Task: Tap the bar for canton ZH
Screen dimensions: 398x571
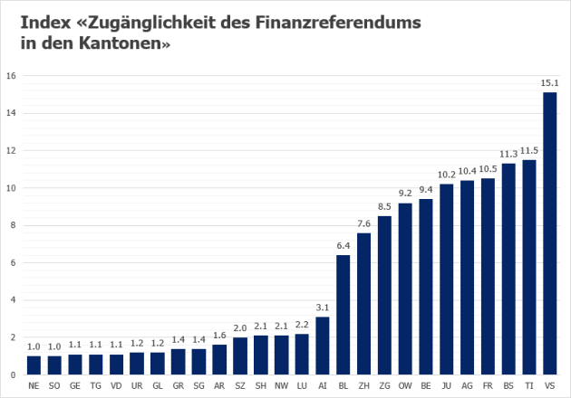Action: click(364, 304)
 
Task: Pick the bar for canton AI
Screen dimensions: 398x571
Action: click(323, 346)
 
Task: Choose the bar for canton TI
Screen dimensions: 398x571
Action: click(529, 267)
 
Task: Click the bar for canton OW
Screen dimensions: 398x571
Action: click(405, 289)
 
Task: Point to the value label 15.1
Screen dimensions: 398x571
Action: click(549, 83)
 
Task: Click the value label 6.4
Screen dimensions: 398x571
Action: click(344, 246)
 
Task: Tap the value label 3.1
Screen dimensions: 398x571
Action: click(323, 308)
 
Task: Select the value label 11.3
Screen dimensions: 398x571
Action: click(508, 154)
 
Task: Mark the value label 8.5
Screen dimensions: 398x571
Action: click(385, 207)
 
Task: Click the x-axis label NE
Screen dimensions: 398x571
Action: click(34, 384)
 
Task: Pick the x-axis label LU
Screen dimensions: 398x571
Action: click(302, 384)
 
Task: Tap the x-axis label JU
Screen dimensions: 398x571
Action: click(447, 384)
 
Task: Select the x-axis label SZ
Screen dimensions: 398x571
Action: click(240, 384)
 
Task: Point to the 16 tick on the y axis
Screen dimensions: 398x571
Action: click(10, 76)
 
